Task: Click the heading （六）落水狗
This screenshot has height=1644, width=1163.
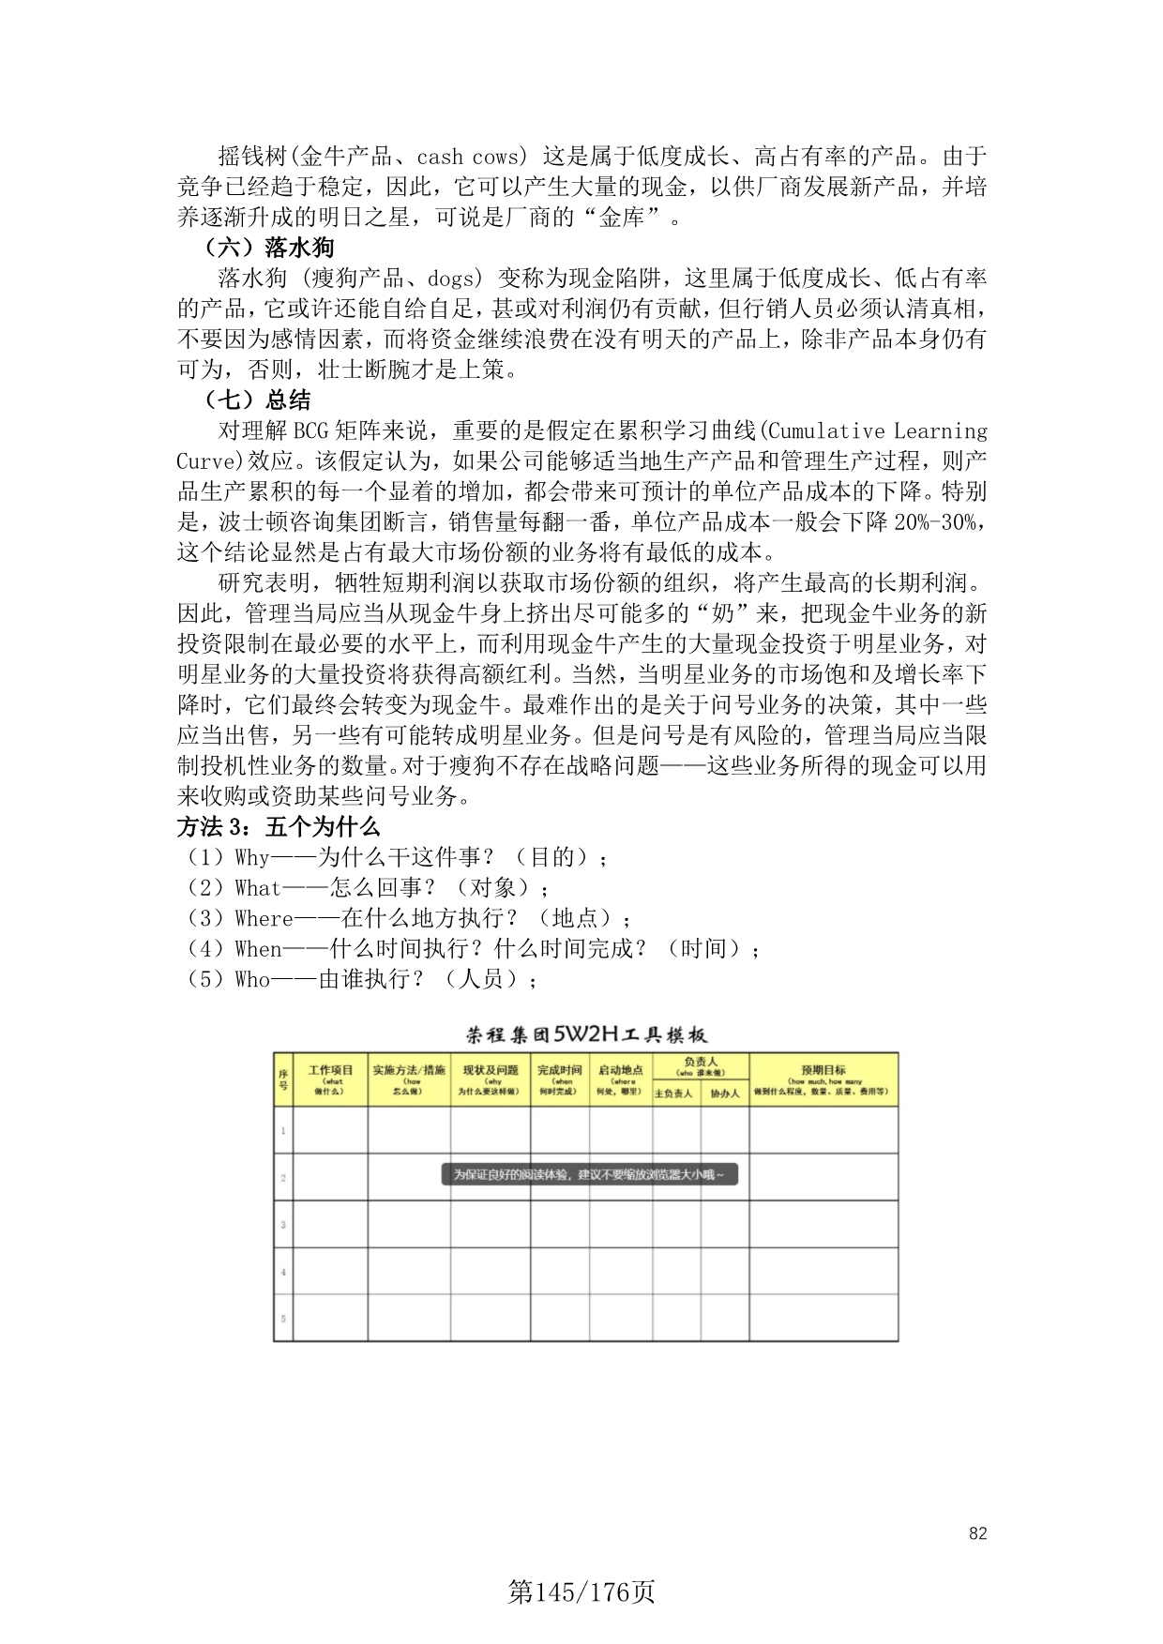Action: click(269, 248)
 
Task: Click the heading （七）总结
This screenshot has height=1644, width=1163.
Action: click(257, 400)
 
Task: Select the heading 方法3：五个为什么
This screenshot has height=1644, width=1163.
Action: click(278, 827)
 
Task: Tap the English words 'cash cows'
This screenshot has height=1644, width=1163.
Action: click(467, 157)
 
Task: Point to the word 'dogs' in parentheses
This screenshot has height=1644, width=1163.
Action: click(454, 279)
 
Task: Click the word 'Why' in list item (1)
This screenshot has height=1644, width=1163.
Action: click(252, 857)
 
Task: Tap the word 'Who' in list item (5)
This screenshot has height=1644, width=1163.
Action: click(252, 979)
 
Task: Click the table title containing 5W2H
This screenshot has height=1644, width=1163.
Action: click(586, 1035)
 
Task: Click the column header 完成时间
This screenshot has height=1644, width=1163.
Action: click(560, 1071)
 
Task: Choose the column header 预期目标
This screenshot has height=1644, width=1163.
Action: click(823, 1071)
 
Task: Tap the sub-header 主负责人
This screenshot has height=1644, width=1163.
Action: click(675, 1093)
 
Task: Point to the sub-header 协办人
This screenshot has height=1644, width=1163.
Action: click(724, 1093)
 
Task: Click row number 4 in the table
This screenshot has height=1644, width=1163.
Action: click(283, 1273)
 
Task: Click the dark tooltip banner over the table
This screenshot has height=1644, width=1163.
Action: click(589, 1174)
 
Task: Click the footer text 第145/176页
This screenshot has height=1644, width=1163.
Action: click(581, 1592)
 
